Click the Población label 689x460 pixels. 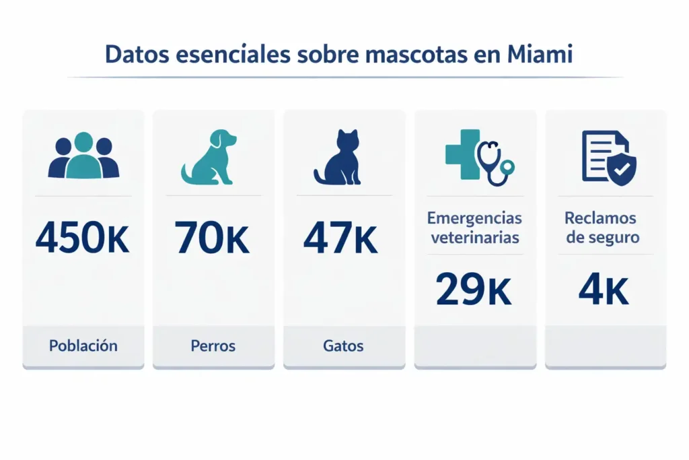tap(83, 346)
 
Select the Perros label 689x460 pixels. tap(213, 346)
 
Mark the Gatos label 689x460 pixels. tap(343, 346)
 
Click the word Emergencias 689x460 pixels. tap(474, 218)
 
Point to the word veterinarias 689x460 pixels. tap(474, 238)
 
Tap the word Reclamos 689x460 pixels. tap(601, 218)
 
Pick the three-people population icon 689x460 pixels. tap(83, 156)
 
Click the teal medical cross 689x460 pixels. tap(462, 154)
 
